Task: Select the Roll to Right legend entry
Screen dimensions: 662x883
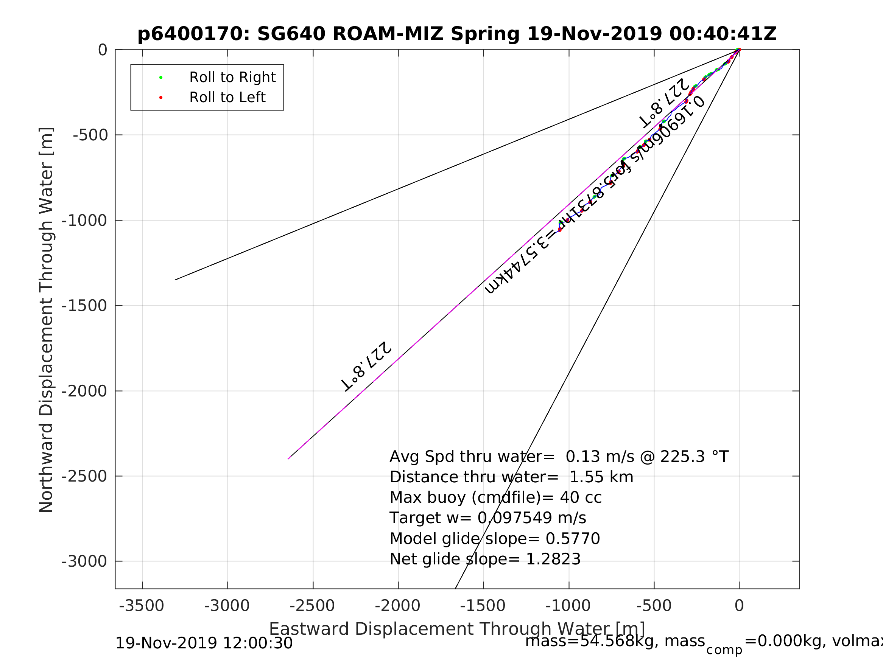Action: click(x=232, y=78)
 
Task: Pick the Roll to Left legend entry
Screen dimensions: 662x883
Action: click(x=227, y=97)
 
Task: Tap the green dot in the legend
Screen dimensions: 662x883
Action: click(x=161, y=78)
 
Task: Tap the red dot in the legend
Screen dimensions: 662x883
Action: click(x=161, y=97)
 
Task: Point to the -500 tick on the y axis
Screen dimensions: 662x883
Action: click(x=90, y=135)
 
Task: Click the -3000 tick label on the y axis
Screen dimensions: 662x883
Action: click(x=84, y=561)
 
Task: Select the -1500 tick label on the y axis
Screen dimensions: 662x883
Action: click(x=84, y=306)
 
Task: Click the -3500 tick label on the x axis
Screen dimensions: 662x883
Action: click(x=141, y=606)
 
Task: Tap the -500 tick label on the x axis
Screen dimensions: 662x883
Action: click(x=654, y=606)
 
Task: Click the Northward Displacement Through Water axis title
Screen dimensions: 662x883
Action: click(x=46, y=320)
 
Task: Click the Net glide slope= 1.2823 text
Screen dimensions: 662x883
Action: click(x=484, y=559)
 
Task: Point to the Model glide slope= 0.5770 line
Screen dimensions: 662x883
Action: click(x=495, y=539)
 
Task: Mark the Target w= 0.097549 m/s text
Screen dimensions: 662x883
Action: click(x=487, y=518)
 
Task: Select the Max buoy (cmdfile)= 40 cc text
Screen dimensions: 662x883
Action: click(x=495, y=497)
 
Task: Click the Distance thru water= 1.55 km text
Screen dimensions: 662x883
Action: click(x=511, y=477)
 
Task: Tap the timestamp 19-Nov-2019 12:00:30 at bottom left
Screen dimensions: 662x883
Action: click(x=204, y=643)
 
